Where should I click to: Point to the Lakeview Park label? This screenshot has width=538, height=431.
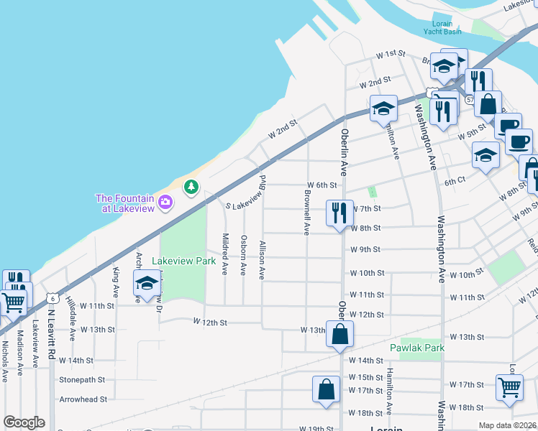coord(184,261)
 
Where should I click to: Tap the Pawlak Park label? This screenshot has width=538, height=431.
coord(417,348)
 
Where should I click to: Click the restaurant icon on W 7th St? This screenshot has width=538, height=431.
coord(339,213)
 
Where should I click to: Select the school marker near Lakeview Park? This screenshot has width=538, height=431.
coord(147,283)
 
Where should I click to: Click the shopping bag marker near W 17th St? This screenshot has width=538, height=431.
coord(326,390)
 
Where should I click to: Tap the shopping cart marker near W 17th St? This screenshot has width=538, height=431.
coord(509,387)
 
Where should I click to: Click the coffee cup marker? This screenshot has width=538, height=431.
coord(519,140)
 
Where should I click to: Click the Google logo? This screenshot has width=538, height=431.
coord(24,422)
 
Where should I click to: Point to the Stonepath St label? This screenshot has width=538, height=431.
coord(82,379)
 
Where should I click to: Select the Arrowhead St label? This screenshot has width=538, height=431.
coord(83,399)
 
